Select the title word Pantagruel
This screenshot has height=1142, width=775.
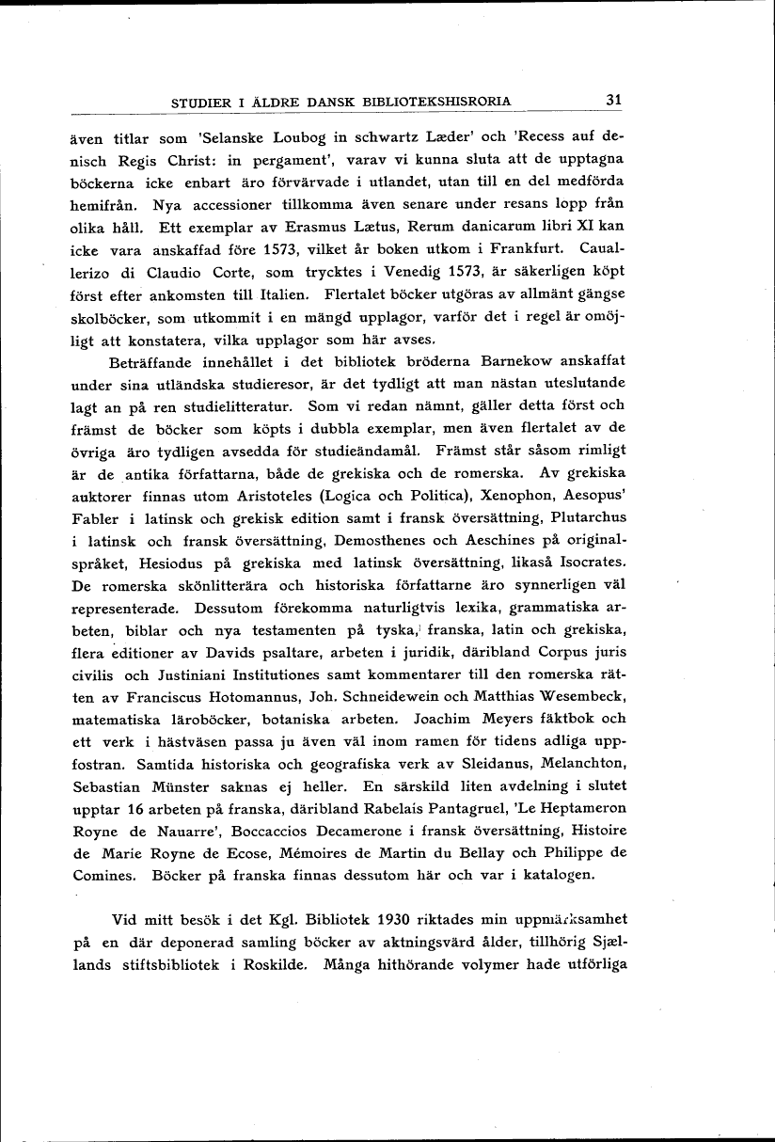496,807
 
